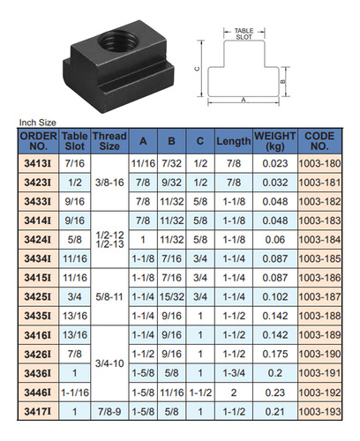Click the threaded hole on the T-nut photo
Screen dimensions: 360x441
point(118,41)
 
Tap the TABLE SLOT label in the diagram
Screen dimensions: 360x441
point(244,34)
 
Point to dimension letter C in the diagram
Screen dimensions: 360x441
point(198,69)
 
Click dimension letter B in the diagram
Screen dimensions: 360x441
point(283,81)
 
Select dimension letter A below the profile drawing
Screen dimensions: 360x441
point(244,101)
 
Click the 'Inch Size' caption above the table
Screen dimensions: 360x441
point(38,123)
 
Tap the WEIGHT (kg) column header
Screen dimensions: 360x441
point(275,141)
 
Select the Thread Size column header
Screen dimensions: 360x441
point(109,141)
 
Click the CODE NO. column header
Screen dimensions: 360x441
point(319,141)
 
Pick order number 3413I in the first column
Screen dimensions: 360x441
point(38,163)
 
